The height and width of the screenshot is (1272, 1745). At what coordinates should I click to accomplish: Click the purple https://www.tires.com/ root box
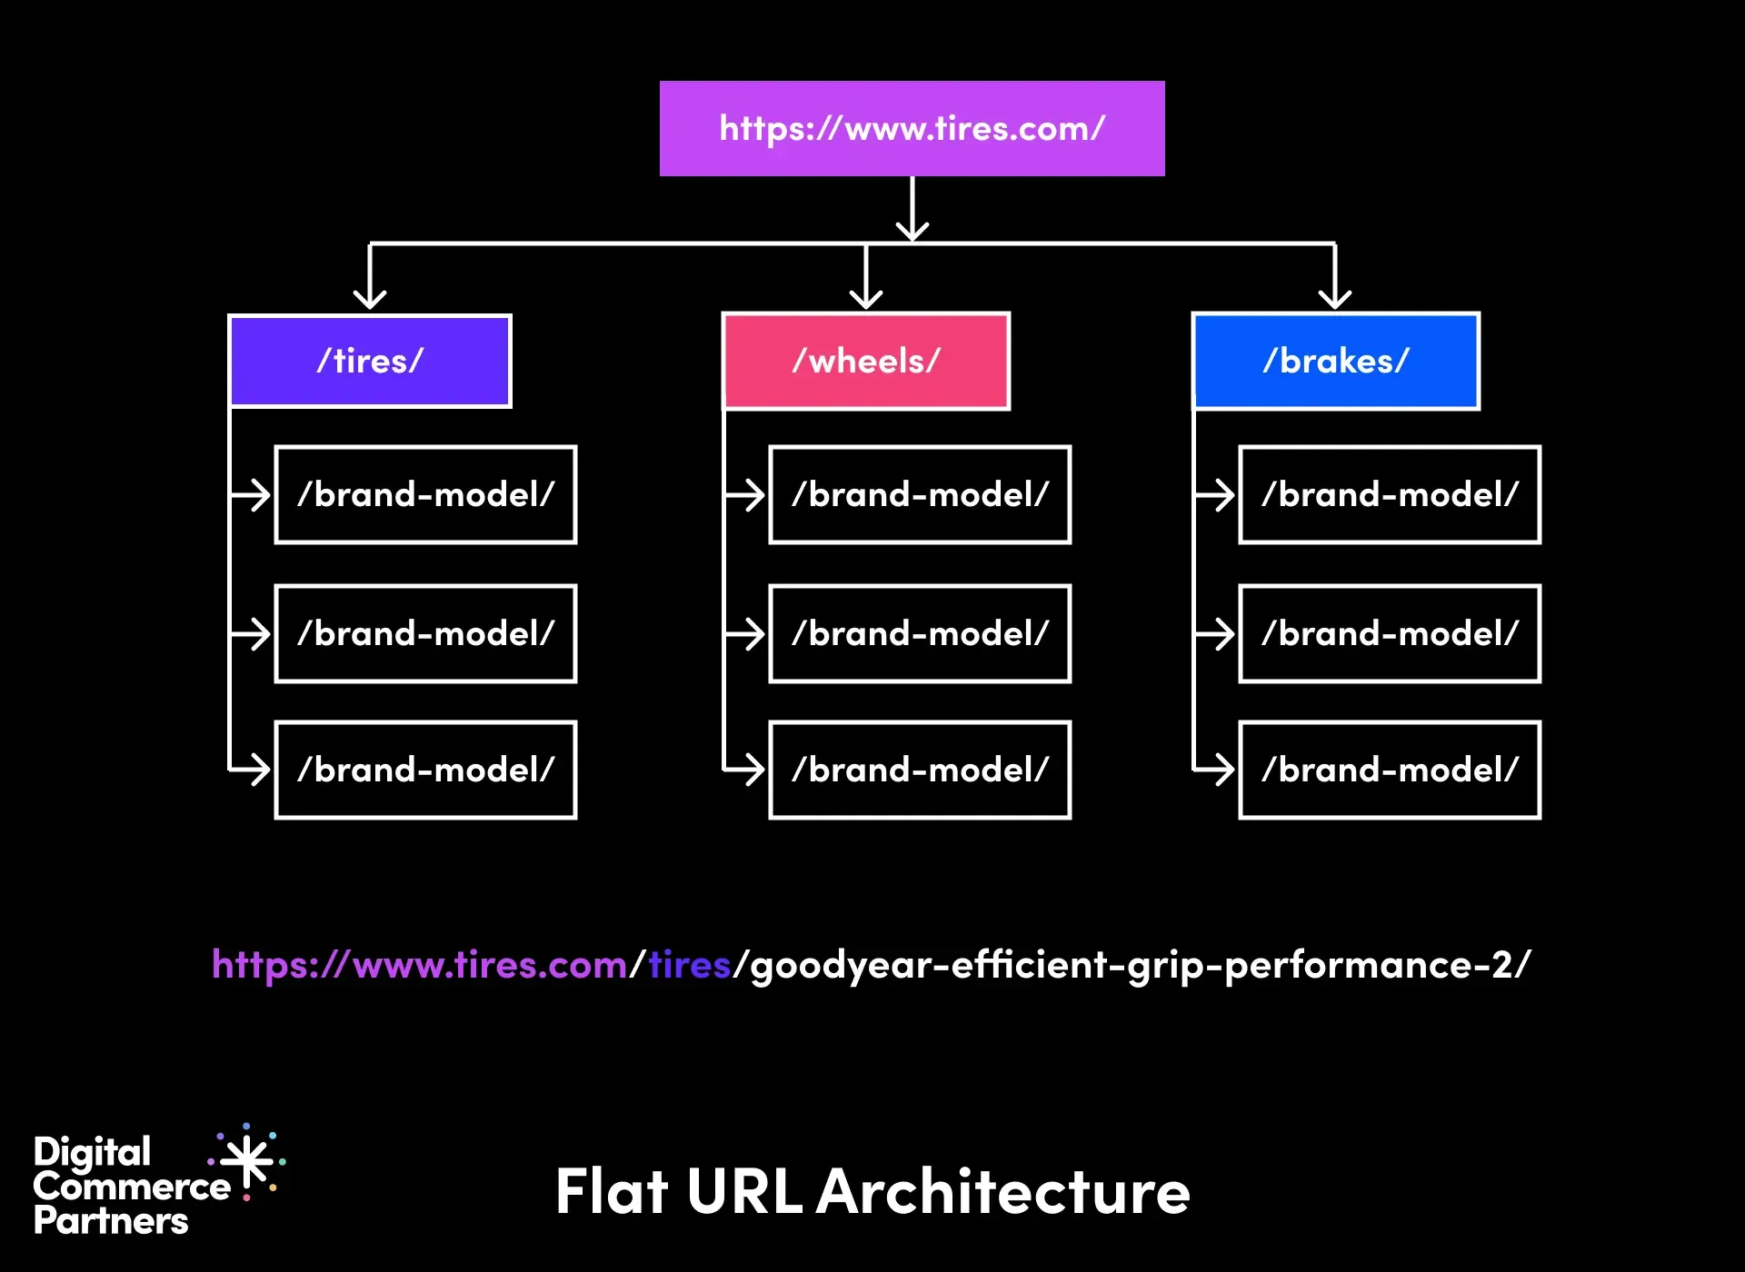point(912,128)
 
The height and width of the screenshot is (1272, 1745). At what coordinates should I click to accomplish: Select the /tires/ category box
point(370,361)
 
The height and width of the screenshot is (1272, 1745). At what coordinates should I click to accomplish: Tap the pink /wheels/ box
point(865,361)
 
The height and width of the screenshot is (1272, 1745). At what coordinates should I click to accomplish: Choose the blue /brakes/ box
point(1335,361)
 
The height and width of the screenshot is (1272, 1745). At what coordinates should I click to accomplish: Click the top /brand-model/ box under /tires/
point(425,494)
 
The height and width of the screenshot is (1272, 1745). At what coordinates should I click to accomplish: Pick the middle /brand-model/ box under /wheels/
point(920,633)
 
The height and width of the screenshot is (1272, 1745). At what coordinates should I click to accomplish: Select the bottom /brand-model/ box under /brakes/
point(1390,770)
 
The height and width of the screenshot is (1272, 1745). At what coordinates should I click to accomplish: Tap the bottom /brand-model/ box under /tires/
point(425,770)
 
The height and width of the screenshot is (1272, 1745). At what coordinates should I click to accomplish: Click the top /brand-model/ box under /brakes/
point(1390,494)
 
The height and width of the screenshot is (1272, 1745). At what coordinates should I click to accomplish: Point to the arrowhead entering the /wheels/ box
point(866,299)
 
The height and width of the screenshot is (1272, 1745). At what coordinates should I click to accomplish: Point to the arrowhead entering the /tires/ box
point(370,299)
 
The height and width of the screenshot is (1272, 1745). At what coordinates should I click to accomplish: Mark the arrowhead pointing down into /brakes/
point(1334,299)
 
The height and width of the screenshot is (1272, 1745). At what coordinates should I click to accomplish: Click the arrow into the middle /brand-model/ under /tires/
point(257,633)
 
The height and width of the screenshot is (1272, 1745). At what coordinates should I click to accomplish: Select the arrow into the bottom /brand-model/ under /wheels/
point(751,770)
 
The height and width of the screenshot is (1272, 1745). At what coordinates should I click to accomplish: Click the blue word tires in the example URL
point(690,965)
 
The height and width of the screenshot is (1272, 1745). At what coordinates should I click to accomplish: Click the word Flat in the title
point(612,1191)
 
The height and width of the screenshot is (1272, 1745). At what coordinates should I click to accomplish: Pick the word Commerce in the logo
point(132,1187)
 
